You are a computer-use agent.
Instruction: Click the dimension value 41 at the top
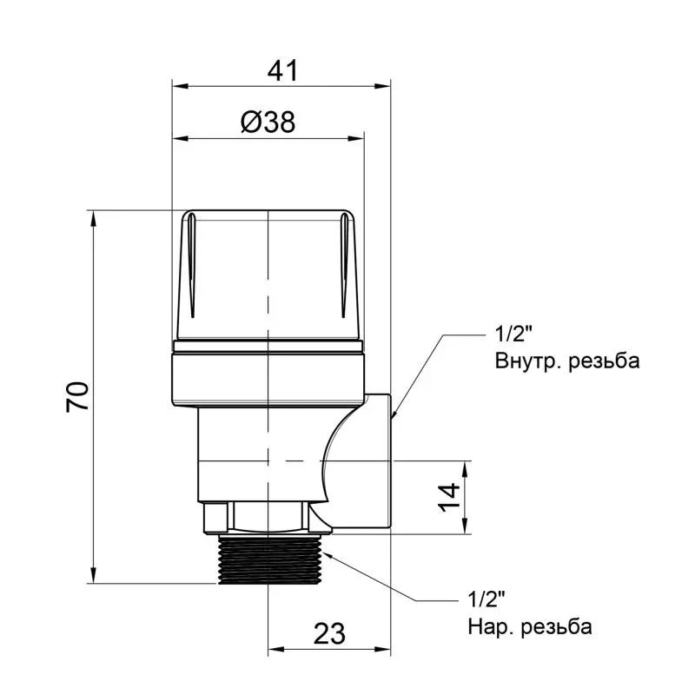click(281, 70)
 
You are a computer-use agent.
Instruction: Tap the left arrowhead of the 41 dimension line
click(177, 85)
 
